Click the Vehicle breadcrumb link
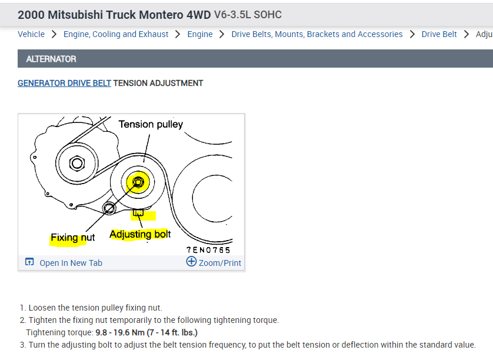[31, 34]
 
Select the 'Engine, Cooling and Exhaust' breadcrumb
[116, 34]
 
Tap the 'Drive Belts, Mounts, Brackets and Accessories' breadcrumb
[317, 34]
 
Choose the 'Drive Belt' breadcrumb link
[439, 34]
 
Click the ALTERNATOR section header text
[51, 59]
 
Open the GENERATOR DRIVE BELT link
[64, 83]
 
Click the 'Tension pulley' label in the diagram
[151, 124]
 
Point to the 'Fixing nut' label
[72, 238]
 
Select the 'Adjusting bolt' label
[140, 234]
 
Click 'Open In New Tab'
[71, 263]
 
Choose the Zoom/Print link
[219, 263]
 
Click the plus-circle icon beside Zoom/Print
[191, 262]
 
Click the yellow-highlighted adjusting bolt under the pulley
[139, 212]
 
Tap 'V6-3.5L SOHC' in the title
[248, 14]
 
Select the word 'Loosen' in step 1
[43, 308]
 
